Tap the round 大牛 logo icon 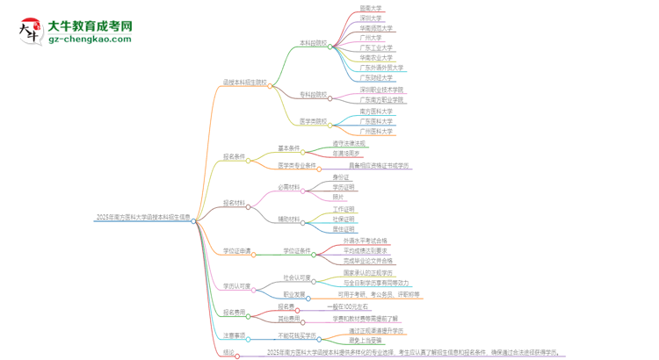[29, 32]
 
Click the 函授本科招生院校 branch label [245, 83]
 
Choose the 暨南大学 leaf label [370, 7]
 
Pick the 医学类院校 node [313, 122]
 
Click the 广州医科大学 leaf [376, 132]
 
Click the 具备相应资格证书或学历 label [379, 165]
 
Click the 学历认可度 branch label [236, 285]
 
